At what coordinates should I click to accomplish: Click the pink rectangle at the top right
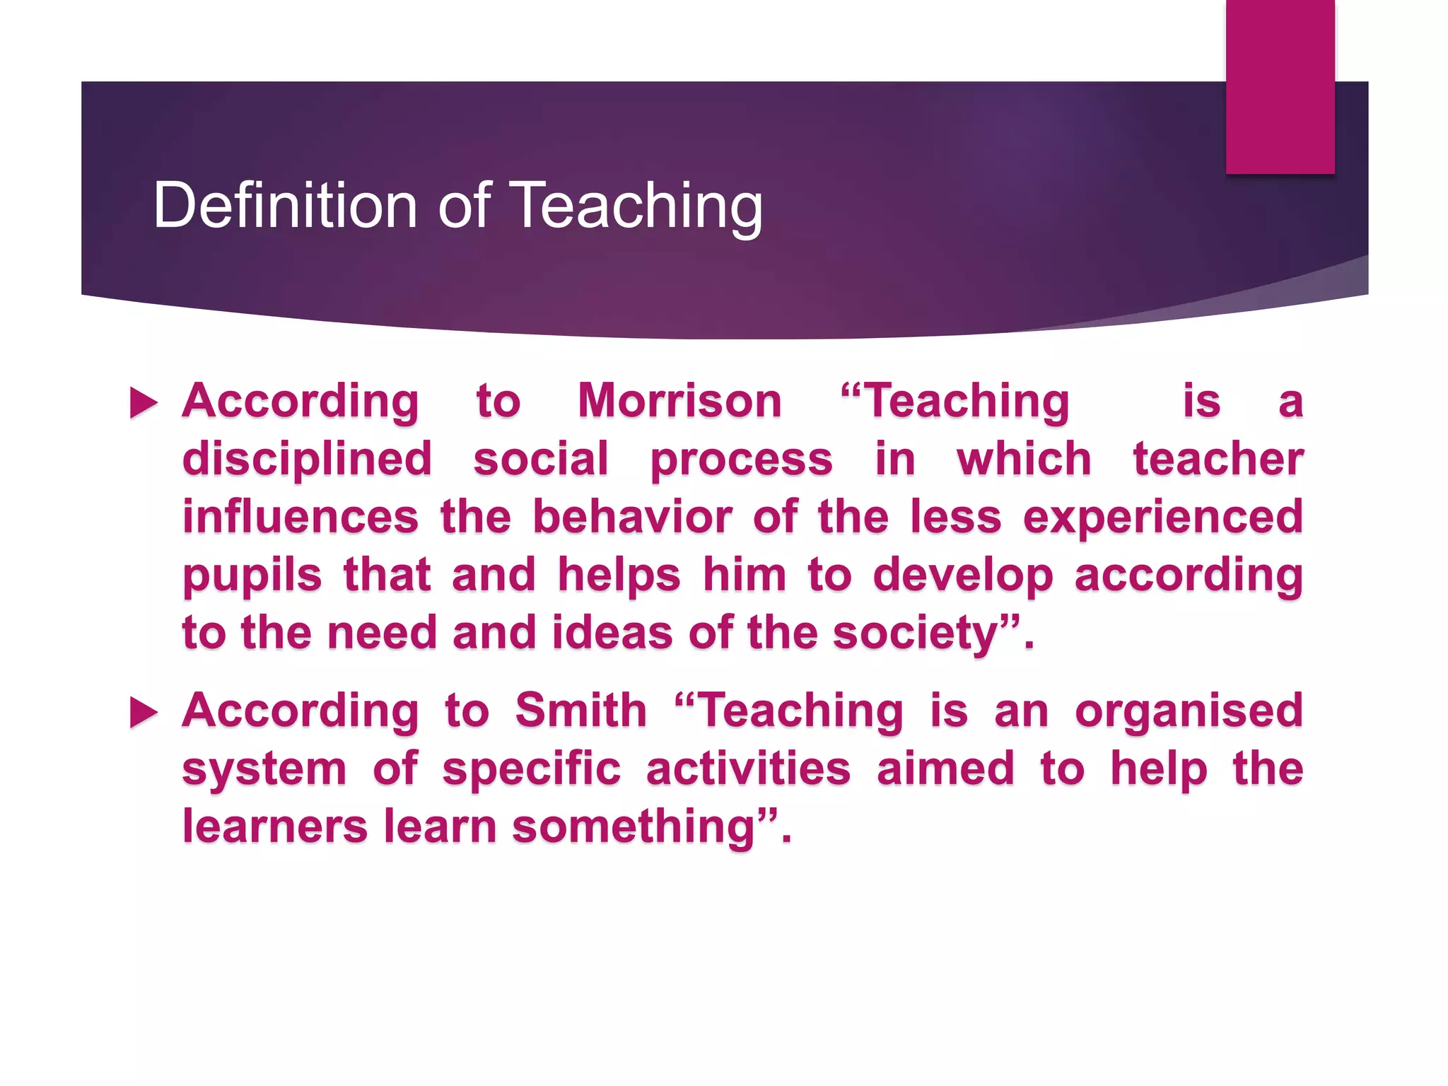pyautogui.click(x=1280, y=86)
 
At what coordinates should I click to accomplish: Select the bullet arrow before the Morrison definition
pyautogui.click(x=144, y=403)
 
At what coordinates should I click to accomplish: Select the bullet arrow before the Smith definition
pyautogui.click(x=144, y=712)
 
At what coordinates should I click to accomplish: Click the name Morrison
pyautogui.click(x=679, y=401)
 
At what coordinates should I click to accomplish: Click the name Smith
pyautogui.click(x=580, y=710)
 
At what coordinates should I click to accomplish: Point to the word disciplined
pyautogui.click(x=307, y=460)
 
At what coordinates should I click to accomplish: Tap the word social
pyautogui.click(x=541, y=460)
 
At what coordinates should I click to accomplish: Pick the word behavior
pyautogui.click(x=632, y=517)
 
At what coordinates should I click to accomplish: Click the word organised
pyautogui.click(x=1189, y=711)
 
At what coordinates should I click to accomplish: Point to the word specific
pyautogui.click(x=531, y=769)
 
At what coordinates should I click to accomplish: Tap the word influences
pyautogui.click(x=300, y=517)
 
